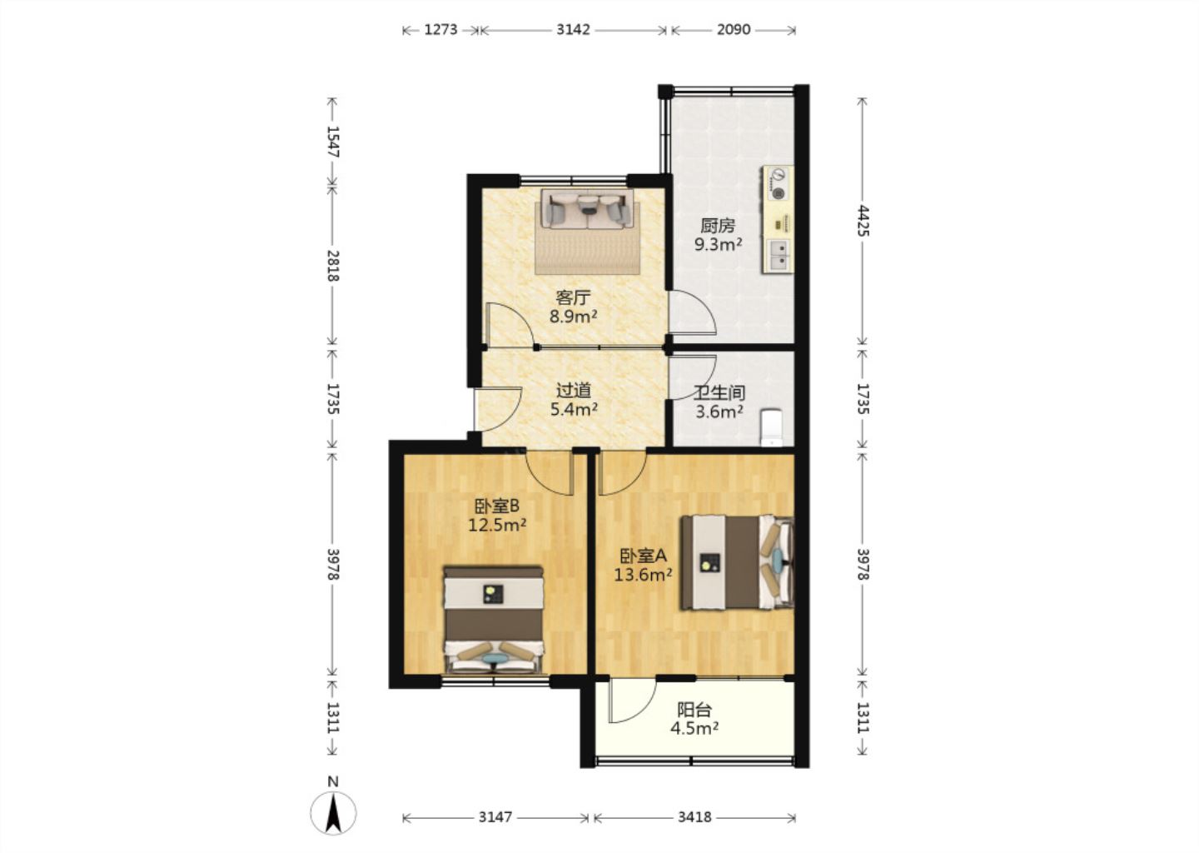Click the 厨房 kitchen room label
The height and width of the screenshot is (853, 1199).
pos(717,226)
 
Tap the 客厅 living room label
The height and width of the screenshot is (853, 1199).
pos(573,297)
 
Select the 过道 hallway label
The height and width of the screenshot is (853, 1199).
pos(573,391)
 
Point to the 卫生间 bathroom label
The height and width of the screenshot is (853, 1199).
pos(719,393)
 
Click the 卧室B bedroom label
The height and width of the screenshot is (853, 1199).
pos(497,506)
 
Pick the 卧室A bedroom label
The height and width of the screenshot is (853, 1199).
pos(644,556)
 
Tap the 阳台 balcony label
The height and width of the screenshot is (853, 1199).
pos(694,710)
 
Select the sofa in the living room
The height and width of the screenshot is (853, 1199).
pos(588,209)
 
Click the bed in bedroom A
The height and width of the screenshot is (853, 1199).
pos(737,562)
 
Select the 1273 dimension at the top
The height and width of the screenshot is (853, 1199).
pos(441,29)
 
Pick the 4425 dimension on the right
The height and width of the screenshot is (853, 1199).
pos(862,220)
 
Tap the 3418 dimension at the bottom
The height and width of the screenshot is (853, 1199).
pos(694,817)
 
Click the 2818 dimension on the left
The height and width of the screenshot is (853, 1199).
pos(333,266)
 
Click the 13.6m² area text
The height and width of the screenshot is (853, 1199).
pos(643,575)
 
